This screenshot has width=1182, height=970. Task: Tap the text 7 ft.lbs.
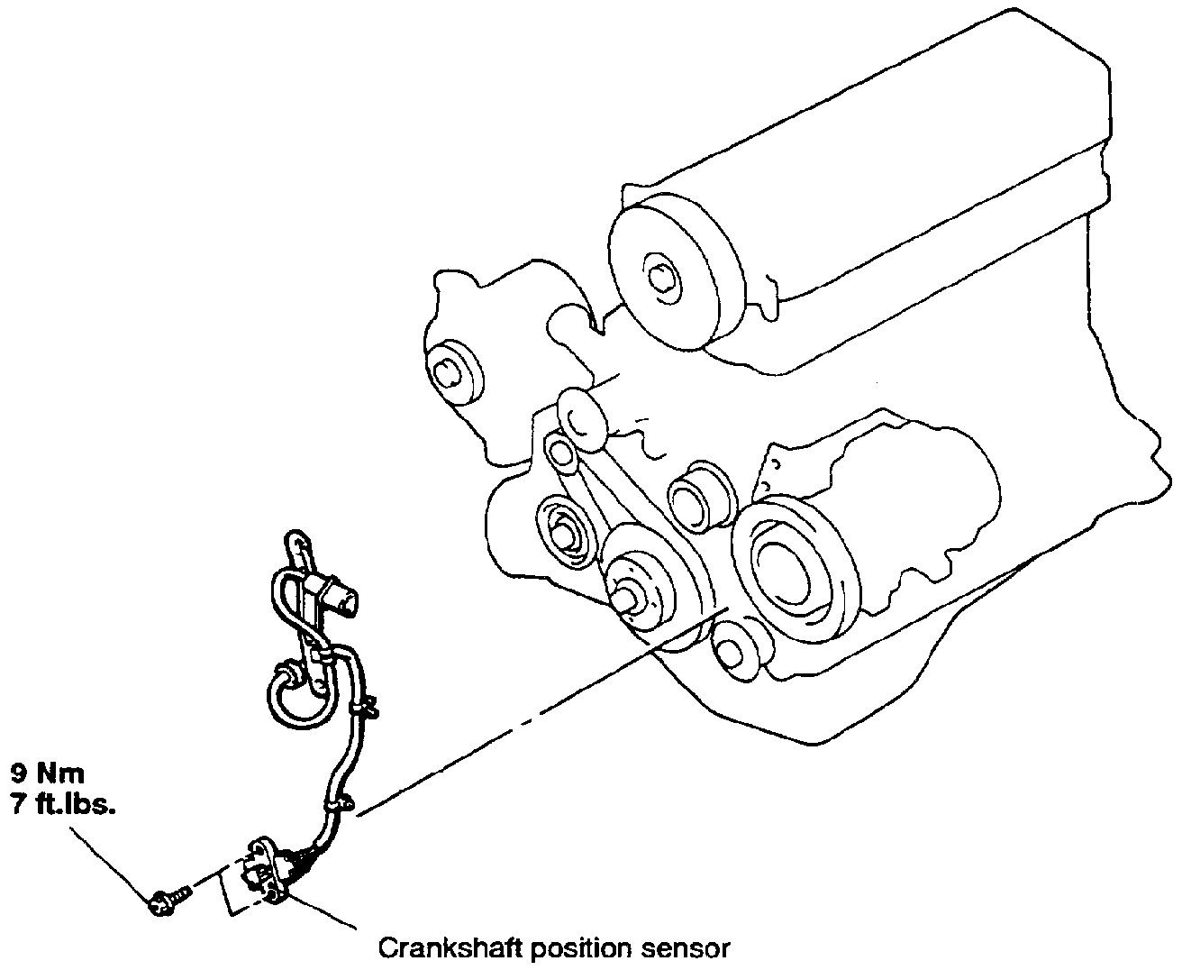pos(63,805)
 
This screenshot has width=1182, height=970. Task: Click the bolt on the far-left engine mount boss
pos(446,371)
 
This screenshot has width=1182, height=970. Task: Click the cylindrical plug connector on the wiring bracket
pos(342,599)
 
